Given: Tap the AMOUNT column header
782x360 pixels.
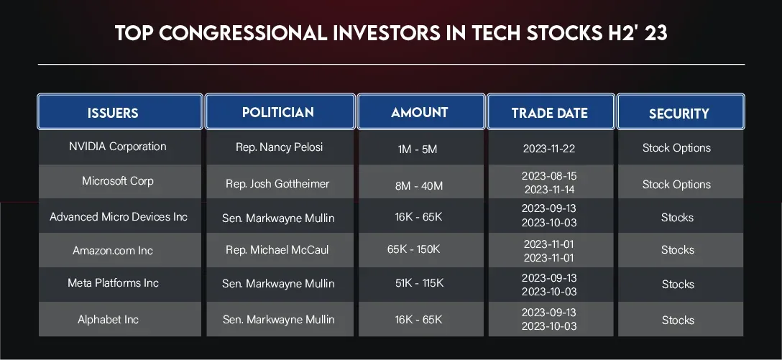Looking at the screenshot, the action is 421,111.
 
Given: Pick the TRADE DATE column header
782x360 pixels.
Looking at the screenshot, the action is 551,111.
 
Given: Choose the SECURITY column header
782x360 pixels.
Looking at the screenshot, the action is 680,111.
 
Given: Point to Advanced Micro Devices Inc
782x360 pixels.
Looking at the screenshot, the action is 119,217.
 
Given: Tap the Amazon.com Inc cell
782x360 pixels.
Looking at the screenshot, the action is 113,250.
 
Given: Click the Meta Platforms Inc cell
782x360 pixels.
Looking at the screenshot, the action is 114,282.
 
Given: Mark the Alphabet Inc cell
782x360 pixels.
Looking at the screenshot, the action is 109,320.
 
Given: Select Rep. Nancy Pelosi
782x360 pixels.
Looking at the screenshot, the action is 280,147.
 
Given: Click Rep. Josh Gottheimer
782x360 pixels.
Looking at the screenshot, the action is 277,184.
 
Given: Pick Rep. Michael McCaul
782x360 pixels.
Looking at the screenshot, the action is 277,250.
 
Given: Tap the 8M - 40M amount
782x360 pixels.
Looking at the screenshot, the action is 419,186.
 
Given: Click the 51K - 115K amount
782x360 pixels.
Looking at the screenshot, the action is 420,283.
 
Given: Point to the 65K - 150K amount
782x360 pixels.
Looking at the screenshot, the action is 413,249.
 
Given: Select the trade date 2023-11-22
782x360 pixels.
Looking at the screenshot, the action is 549,149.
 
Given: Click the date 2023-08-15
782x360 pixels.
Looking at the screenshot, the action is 549,176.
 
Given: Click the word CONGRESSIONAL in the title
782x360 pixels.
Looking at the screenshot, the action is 242,33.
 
